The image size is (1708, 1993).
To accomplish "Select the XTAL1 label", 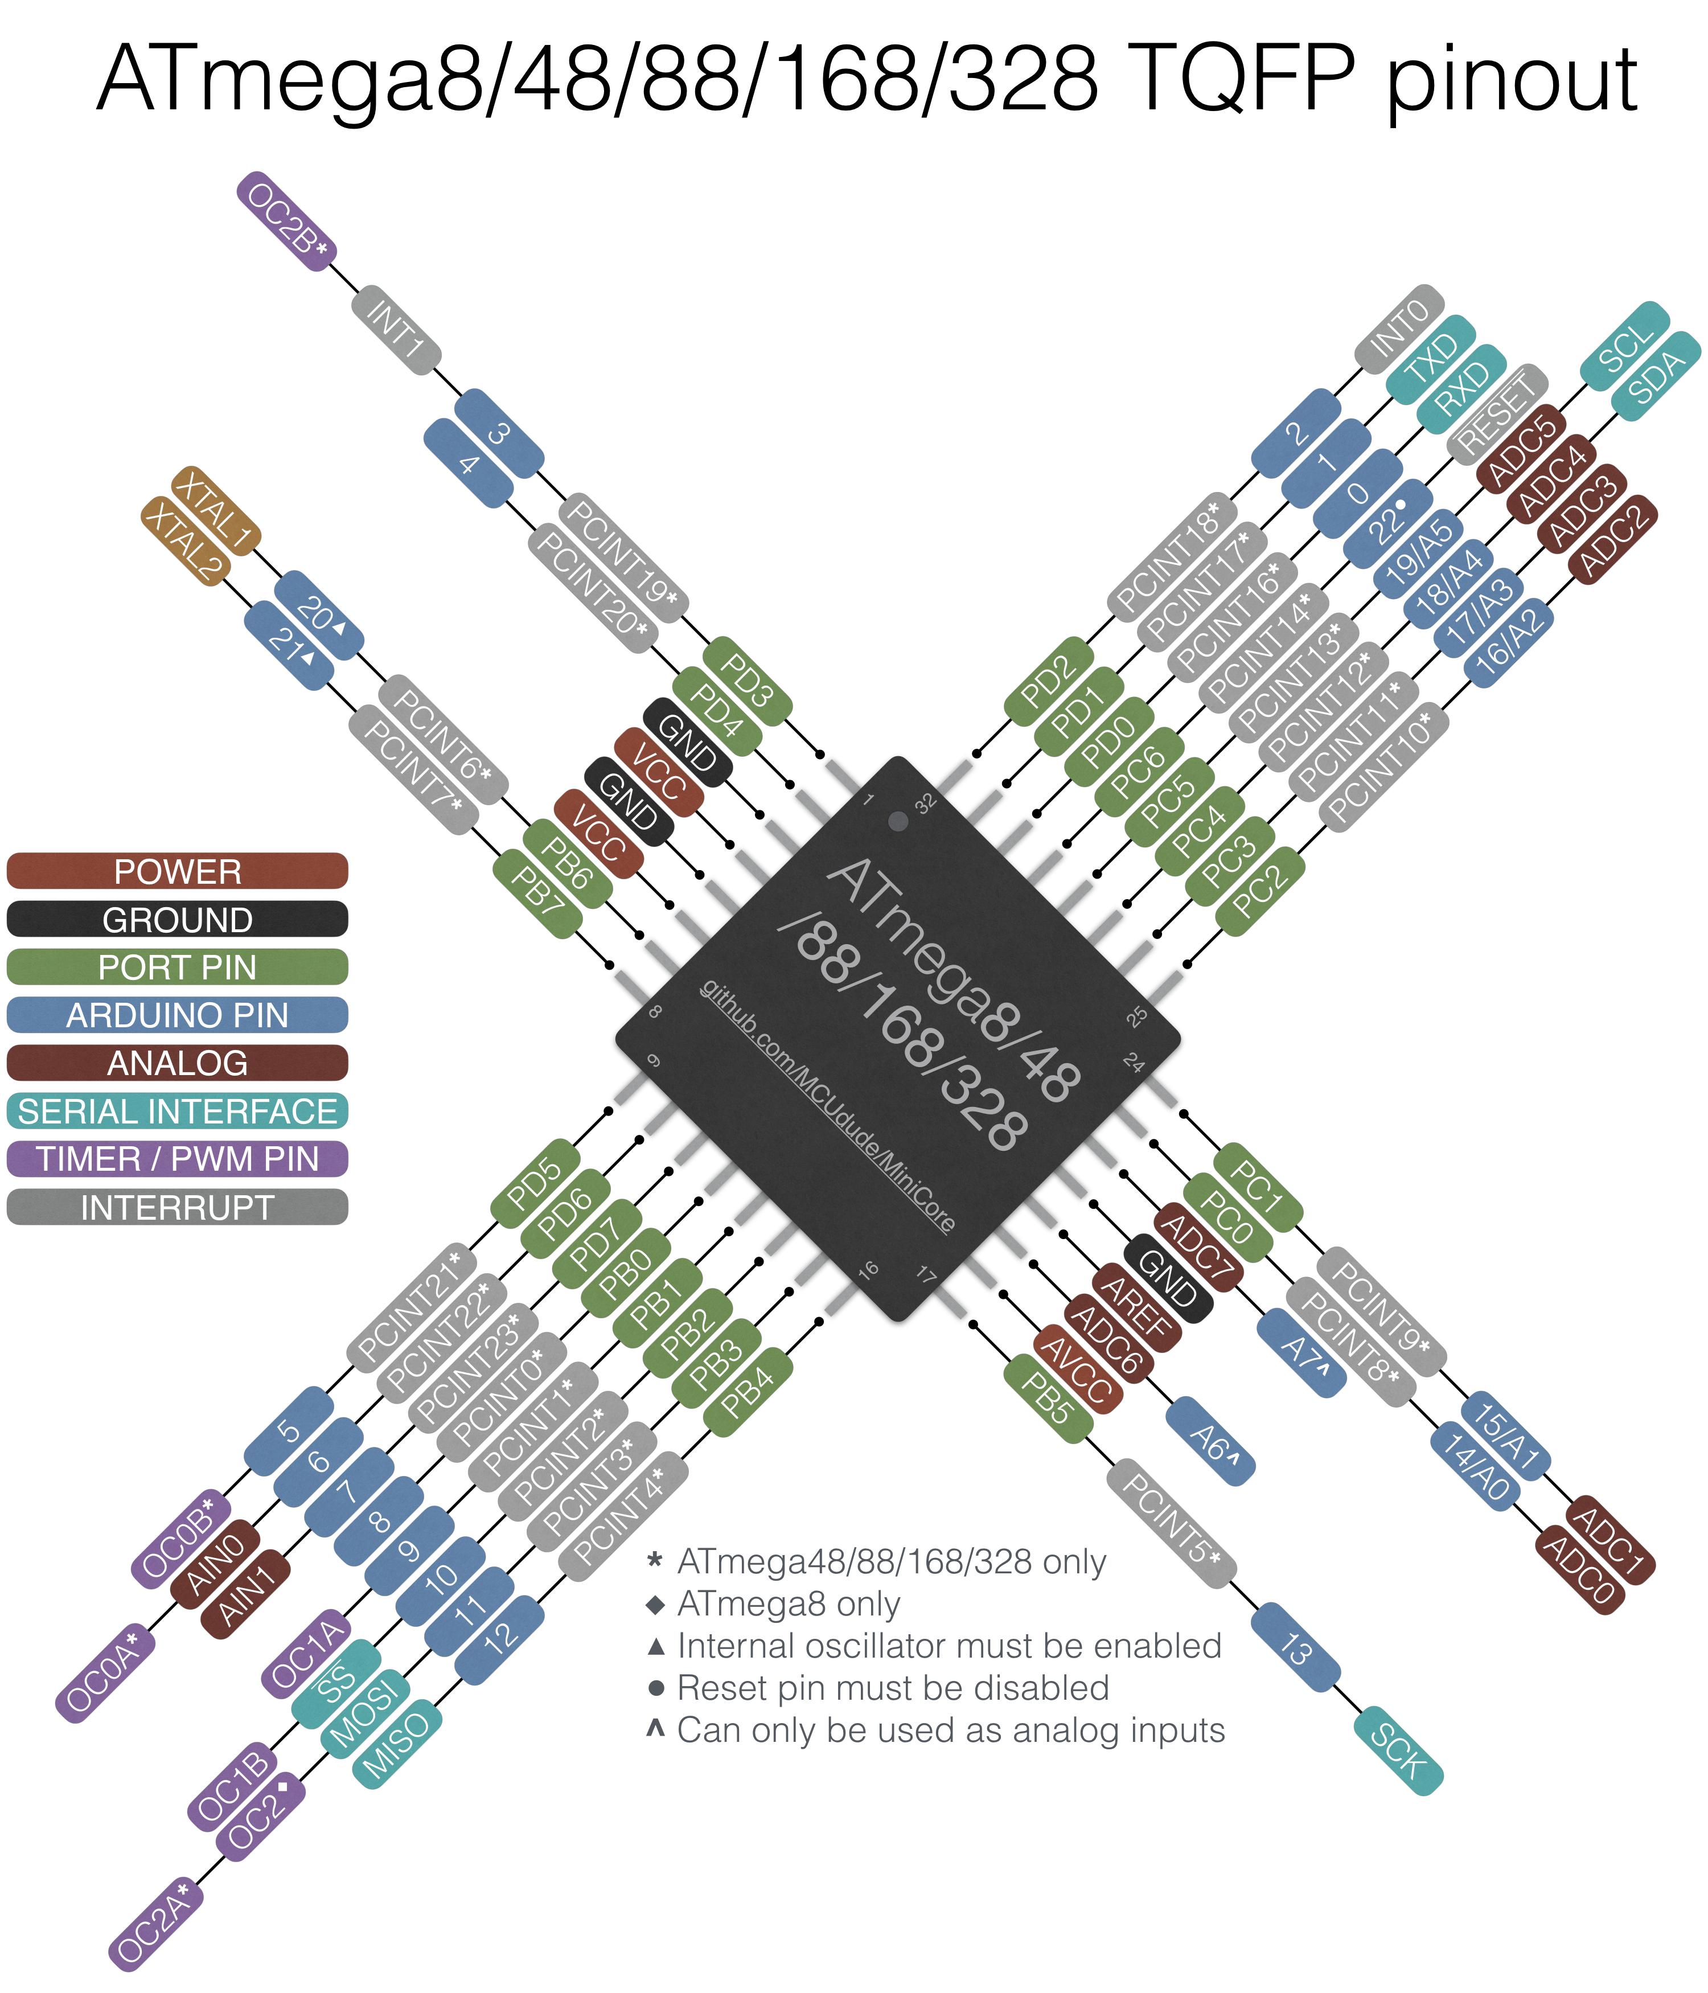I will [x=215, y=510].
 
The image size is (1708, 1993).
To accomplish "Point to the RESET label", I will [x=1496, y=413].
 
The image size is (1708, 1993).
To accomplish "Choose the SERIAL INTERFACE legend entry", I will [x=177, y=1111].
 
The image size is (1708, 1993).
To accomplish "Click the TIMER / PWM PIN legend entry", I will [x=177, y=1159].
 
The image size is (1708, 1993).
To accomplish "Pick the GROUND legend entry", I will [x=177, y=920].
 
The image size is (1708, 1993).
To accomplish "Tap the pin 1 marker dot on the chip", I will [x=898, y=821].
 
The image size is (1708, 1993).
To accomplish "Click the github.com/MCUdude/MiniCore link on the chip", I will [x=827, y=1107].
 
